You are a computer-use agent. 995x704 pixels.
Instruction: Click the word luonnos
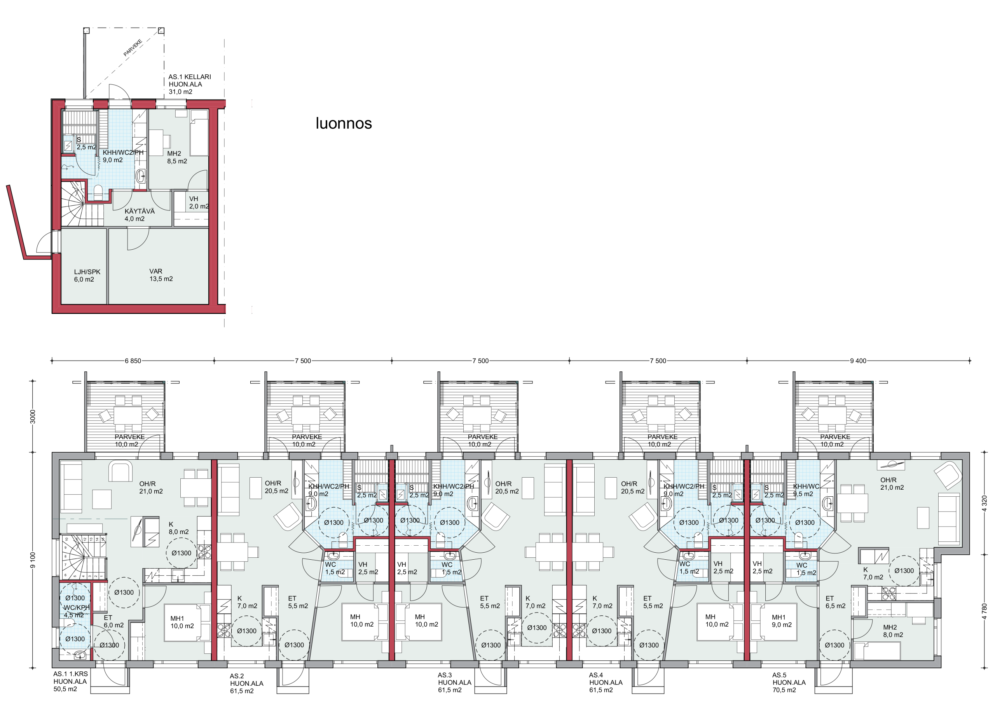coord(344,123)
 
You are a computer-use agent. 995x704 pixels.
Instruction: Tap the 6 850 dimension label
coord(133,361)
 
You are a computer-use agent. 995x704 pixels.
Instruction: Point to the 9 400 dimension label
coord(858,361)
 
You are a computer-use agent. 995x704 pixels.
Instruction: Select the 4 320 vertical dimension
coord(984,504)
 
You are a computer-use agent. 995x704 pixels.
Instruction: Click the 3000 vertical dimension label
coord(33,417)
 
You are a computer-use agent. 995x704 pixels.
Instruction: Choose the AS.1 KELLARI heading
coord(190,77)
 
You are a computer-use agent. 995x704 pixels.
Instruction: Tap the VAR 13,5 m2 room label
coord(161,275)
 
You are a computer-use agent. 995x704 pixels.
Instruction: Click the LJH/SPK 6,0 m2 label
coord(87,275)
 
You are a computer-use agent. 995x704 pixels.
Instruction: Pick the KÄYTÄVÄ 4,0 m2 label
coord(140,215)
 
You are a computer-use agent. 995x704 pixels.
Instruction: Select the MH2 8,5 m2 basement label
coord(177,158)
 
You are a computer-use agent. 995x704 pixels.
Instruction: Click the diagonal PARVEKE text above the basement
coord(133,48)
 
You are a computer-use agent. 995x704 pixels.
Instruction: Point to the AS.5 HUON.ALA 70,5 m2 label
coord(789,682)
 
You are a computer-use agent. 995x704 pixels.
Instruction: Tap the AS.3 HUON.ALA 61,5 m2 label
coord(455,682)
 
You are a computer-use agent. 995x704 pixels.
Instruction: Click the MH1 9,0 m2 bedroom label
coord(781,621)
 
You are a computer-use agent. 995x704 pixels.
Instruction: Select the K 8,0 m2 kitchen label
coord(178,528)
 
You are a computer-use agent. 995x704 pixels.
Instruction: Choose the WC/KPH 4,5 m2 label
coord(77,611)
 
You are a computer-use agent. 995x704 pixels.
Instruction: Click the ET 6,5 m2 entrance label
coord(835,602)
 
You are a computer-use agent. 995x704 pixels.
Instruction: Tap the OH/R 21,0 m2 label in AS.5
coord(892,483)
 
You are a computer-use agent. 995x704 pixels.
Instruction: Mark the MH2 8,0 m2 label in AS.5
coord(893,631)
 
